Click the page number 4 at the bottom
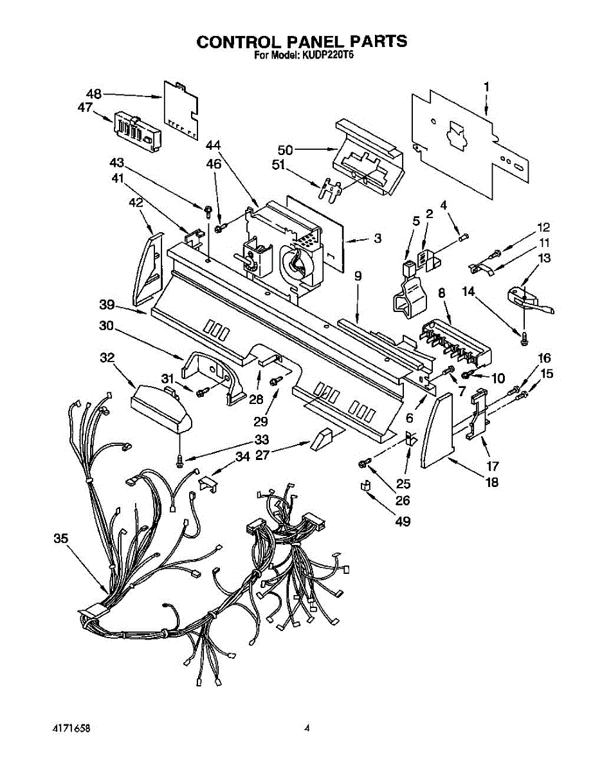point(307,728)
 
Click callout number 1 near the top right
point(486,86)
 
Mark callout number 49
point(403,522)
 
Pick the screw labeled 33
point(180,459)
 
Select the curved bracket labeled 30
point(212,373)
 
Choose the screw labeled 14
point(524,336)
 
